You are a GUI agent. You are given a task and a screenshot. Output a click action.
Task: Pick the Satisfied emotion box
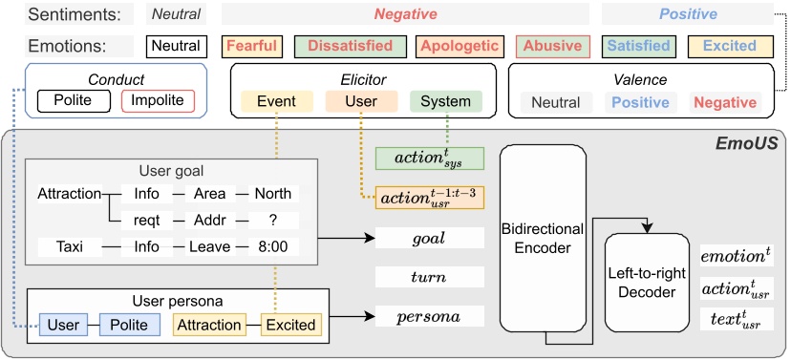tap(641, 46)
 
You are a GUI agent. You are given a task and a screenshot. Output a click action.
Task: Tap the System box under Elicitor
tap(445, 101)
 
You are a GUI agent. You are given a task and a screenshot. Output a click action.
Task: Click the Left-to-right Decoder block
tap(646, 281)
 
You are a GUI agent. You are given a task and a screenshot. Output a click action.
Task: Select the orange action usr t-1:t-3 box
tap(430, 199)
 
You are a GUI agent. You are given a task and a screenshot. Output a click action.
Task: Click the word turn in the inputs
tap(430, 277)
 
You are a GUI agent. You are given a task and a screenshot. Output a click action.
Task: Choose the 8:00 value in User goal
tap(272, 247)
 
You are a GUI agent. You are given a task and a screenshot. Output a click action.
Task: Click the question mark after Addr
tap(272, 220)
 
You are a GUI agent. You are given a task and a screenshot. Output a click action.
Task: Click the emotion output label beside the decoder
tap(734, 256)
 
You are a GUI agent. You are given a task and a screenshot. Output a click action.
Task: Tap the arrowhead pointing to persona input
tap(368, 314)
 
